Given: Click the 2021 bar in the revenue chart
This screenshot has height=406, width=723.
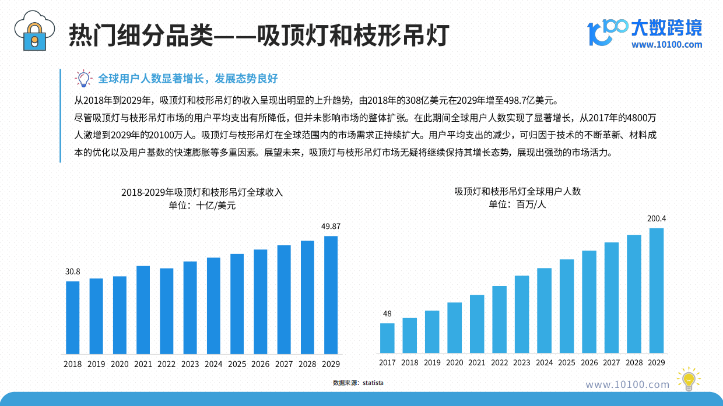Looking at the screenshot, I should click(x=143, y=310).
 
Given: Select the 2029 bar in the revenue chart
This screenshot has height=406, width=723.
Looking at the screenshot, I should click(x=331, y=295).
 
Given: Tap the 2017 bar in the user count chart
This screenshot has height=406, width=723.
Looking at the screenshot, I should click(x=387, y=338).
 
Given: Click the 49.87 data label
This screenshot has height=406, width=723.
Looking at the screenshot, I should click(x=331, y=226).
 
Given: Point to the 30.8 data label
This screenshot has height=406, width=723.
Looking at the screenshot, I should click(x=72, y=271).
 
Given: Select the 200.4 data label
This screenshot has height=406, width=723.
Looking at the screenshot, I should click(x=657, y=218).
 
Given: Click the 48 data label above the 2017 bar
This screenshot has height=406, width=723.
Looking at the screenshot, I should click(x=387, y=314).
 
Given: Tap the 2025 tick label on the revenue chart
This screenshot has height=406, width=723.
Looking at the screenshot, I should click(x=237, y=364).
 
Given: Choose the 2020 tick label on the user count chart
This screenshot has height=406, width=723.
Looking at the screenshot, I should click(x=454, y=363).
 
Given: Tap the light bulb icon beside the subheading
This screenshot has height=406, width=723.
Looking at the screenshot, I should click(x=83, y=78).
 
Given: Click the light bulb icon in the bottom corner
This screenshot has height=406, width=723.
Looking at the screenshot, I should click(x=689, y=379).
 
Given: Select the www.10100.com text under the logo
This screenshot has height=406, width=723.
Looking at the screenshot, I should click(x=666, y=45).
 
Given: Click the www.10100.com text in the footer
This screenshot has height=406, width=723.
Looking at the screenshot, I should click(x=627, y=384).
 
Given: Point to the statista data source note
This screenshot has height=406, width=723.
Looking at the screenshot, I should click(x=358, y=383).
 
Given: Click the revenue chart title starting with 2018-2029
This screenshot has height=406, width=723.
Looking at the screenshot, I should click(x=202, y=192).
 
